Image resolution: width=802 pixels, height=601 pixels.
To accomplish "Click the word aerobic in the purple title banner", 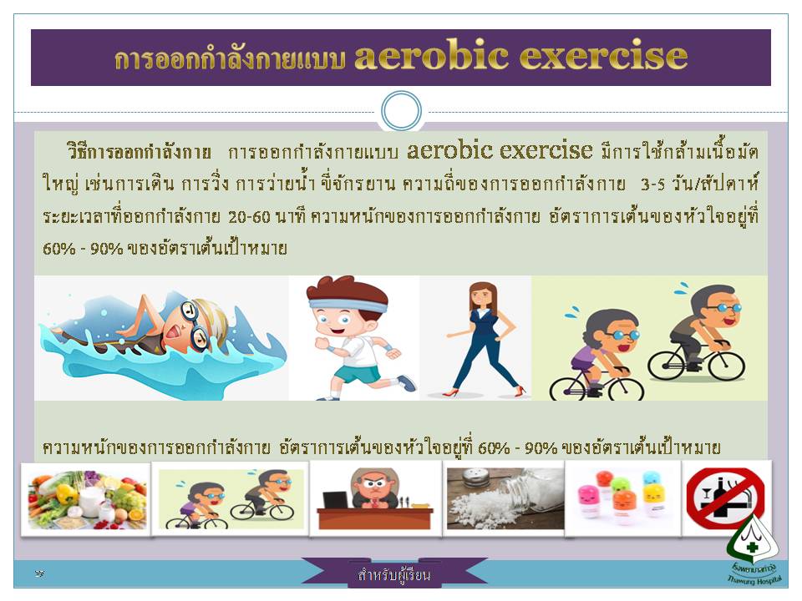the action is coord(432,55).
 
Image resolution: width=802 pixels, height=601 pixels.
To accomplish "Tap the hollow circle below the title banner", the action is coord(402,111).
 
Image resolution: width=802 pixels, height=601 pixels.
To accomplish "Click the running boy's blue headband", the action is coord(348,306).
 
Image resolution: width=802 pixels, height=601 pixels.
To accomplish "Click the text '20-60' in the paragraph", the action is coord(249,217).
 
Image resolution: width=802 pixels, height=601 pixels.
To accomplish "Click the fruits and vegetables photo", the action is coord(86,499).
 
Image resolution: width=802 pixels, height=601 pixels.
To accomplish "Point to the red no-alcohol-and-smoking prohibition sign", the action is coord(725,498).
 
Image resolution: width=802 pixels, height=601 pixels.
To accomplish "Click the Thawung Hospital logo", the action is coord(753,550).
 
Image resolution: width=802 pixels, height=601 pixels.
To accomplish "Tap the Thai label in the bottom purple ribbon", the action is coord(393,574).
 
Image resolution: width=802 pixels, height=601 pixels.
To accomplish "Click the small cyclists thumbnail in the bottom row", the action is coord(231,499).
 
